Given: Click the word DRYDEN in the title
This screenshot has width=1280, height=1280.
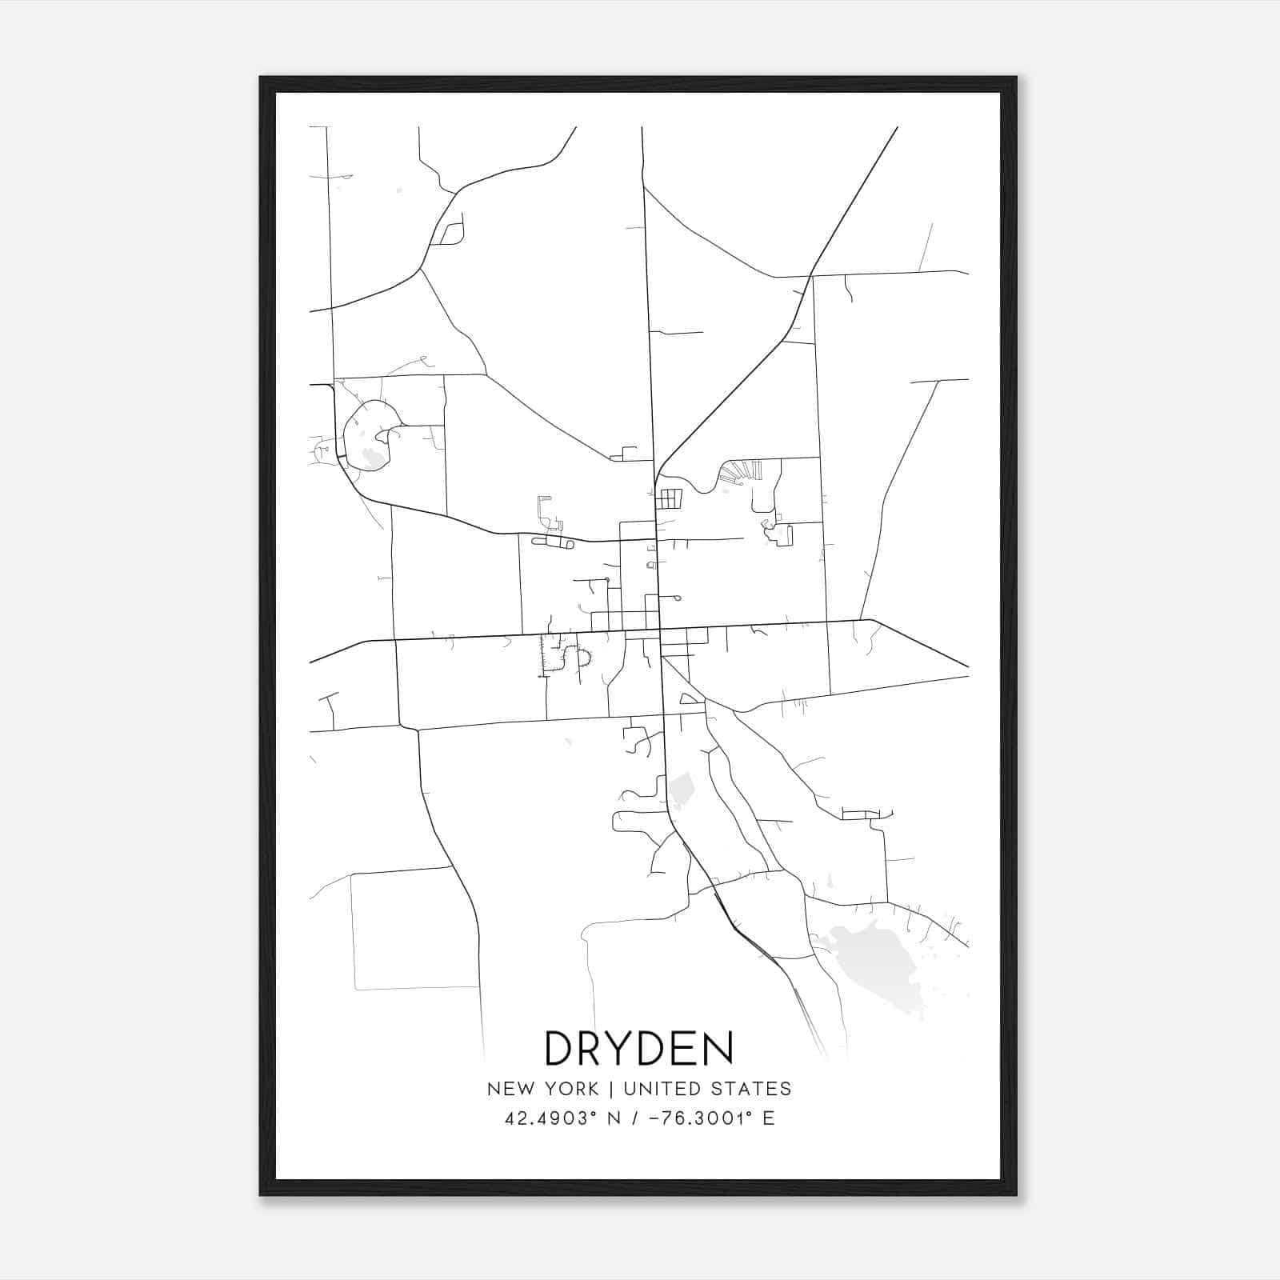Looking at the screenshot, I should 638,1048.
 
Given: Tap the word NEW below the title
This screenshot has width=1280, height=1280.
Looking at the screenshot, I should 513,1089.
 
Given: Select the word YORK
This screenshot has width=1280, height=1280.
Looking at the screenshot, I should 570,1089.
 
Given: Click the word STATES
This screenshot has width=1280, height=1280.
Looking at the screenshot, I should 755,1089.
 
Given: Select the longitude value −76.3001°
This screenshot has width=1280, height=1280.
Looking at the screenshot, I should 697,1118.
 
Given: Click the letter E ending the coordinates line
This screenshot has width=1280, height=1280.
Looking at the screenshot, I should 768,1118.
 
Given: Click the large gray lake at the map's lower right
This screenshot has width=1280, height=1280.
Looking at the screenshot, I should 872,960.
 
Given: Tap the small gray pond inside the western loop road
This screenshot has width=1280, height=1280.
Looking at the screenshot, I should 371,458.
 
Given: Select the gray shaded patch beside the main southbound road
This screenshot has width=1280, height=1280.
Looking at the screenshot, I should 682,790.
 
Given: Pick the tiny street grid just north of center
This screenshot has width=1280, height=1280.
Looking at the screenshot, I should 670,499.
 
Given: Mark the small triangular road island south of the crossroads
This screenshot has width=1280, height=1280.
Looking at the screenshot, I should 688,699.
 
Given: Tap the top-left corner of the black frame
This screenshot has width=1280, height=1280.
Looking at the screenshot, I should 261,78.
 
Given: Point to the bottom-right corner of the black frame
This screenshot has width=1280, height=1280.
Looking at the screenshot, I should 1016,1194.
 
